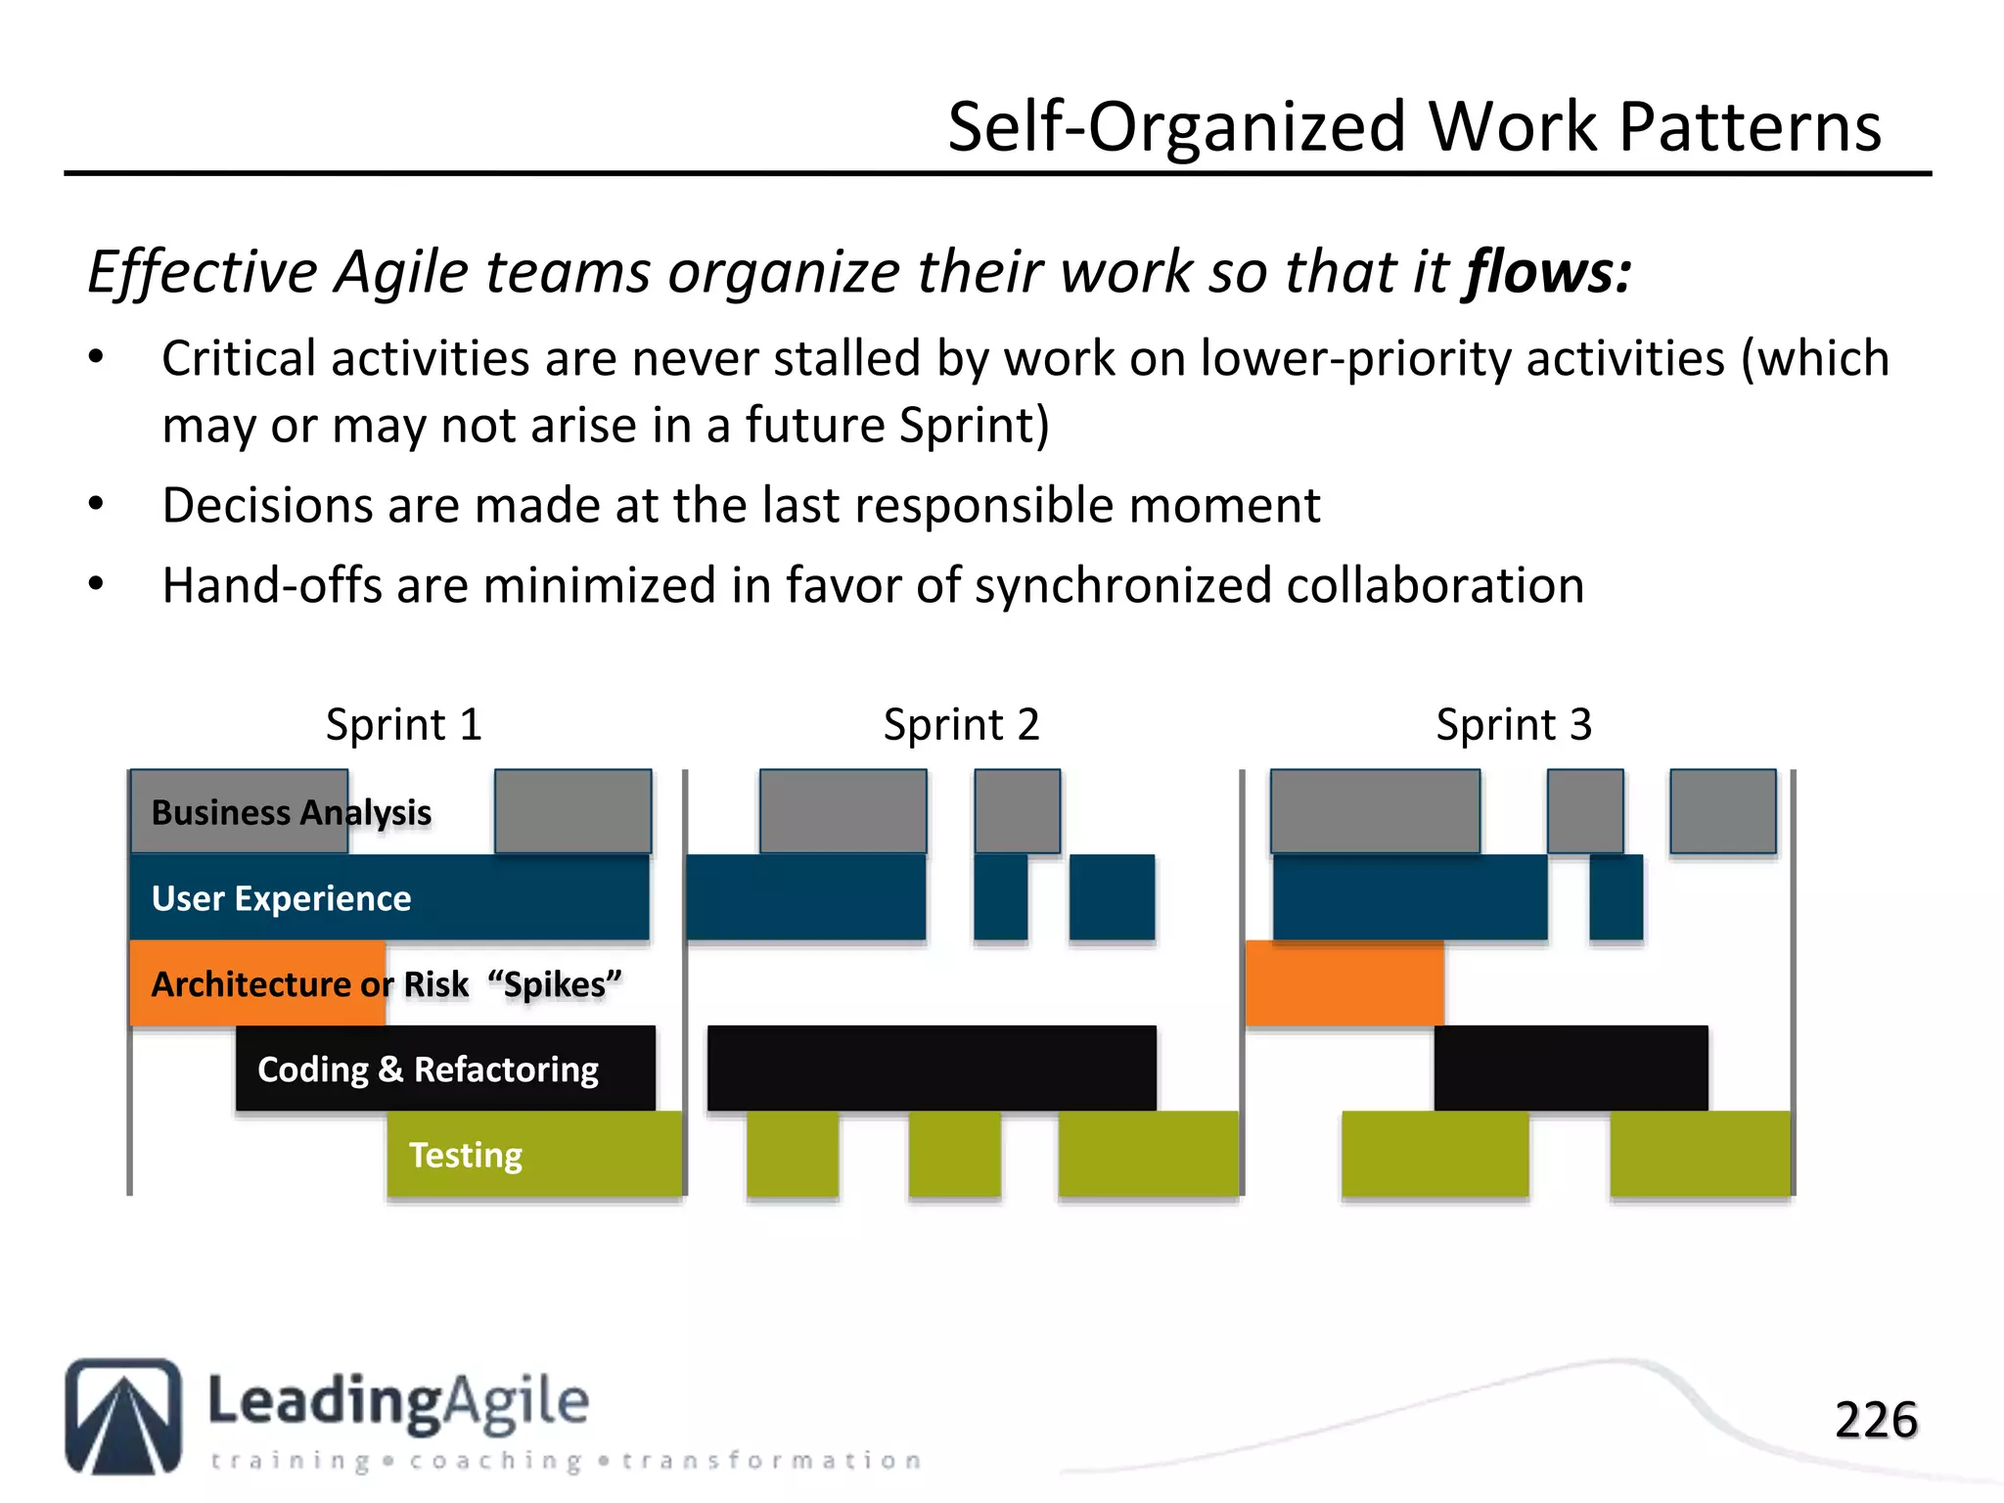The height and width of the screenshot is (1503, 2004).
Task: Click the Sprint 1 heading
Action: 403,725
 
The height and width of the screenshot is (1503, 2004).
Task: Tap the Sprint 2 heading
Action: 961,725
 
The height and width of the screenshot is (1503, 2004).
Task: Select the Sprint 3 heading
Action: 1513,725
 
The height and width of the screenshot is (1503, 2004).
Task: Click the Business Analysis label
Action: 291,812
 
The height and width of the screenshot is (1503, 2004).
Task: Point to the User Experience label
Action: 281,898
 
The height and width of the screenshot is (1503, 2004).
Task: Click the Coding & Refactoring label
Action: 428,1069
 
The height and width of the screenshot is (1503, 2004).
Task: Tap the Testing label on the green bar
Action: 465,1155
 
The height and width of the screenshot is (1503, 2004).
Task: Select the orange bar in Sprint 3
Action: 1344,982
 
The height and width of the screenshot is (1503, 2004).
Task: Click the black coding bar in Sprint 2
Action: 932,1068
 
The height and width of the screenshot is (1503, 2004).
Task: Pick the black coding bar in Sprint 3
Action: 1571,1068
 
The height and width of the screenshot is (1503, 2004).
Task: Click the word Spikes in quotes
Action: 555,984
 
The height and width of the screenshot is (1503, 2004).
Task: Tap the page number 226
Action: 1875,1420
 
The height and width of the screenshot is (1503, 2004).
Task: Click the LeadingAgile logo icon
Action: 123,1415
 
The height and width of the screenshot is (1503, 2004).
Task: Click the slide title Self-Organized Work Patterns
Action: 1414,127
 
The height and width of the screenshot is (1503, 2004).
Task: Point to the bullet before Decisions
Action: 96,505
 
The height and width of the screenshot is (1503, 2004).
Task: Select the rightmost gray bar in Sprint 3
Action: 1722,811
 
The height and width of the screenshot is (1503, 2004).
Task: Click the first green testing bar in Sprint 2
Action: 793,1153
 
